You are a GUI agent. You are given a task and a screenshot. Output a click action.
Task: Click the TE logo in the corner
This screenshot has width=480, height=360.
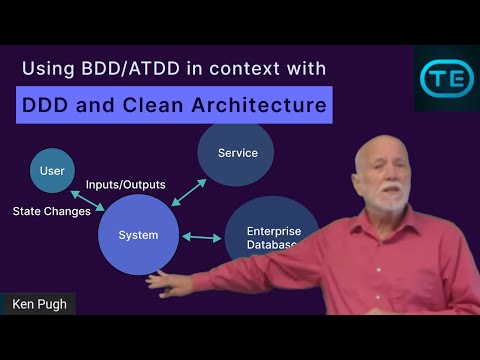pyautogui.click(x=446, y=78)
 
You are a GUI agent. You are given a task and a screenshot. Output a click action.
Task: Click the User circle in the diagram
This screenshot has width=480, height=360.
pyautogui.click(x=52, y=172)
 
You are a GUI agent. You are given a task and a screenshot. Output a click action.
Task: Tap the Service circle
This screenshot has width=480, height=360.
pyautogui.click(x=237, y=153)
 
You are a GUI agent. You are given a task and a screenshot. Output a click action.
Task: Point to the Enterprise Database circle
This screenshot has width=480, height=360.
pyautogui.click(x=271, y=236)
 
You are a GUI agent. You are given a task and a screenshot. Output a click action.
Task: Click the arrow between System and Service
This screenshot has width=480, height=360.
pyautogui.click(x=188, y=193)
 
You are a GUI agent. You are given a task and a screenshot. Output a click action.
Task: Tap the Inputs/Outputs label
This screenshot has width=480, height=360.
pyautogui.click(x=125, y=185)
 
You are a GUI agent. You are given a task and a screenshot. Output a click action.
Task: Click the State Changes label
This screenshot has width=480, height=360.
pyautogui.click(x=51, y=211)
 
